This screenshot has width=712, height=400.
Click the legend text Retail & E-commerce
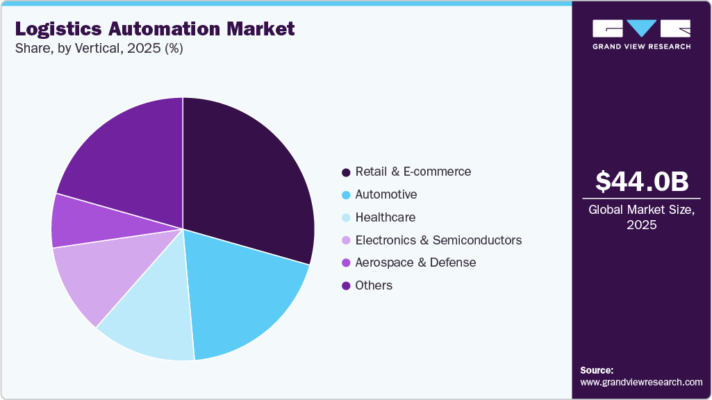click(413, 172)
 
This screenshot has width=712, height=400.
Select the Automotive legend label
click(386, 194)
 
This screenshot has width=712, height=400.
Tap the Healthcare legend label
click(385, 217)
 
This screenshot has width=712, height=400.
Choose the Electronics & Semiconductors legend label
click(438, 240)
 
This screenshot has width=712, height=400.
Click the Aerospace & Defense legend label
click(415, 262)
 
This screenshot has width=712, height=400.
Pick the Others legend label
click(374, 285)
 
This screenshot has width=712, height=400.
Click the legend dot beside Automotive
click(345, 195)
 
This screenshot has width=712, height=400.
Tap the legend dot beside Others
click(345, 286)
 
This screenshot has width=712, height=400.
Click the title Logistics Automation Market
click(155, 29)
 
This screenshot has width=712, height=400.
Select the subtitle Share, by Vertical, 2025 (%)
click(99, 49)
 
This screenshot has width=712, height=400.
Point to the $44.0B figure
click(642, 181)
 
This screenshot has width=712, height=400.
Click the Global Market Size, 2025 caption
click(642, 217)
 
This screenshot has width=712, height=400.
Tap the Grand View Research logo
click(642, 34)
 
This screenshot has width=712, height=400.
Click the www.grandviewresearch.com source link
click(641, 382)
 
